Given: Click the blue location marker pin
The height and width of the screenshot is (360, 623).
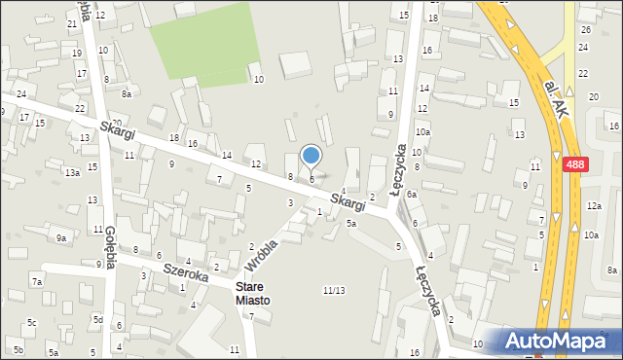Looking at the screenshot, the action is tap(311, 156).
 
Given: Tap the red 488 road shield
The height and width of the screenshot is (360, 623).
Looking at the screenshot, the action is tap(574, 166).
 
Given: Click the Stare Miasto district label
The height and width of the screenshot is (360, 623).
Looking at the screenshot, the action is tap(254, 293).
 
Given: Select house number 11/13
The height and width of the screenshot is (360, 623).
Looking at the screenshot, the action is tap(333, 290).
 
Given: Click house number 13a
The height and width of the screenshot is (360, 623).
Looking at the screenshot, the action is tap(72, 172).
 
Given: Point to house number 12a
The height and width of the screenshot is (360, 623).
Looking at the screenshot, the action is tap(594, 206).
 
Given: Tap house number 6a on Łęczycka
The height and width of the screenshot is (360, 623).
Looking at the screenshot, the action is tap(412, 195).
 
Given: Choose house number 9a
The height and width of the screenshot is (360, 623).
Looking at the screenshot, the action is tap(60, 237).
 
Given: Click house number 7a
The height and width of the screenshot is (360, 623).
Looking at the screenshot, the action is tap(36, 281).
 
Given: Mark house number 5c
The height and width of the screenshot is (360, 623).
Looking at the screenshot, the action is tap(32, 322).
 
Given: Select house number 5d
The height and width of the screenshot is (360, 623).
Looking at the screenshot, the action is tap(97, 319).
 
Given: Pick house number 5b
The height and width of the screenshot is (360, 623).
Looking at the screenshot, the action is tap(18, 349).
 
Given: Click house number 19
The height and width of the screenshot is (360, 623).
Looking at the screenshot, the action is tap(77, 53).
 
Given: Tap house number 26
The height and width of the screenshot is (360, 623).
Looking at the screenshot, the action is tap(585, 30).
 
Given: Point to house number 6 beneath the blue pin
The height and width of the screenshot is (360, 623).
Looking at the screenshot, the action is tap(311, 179).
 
